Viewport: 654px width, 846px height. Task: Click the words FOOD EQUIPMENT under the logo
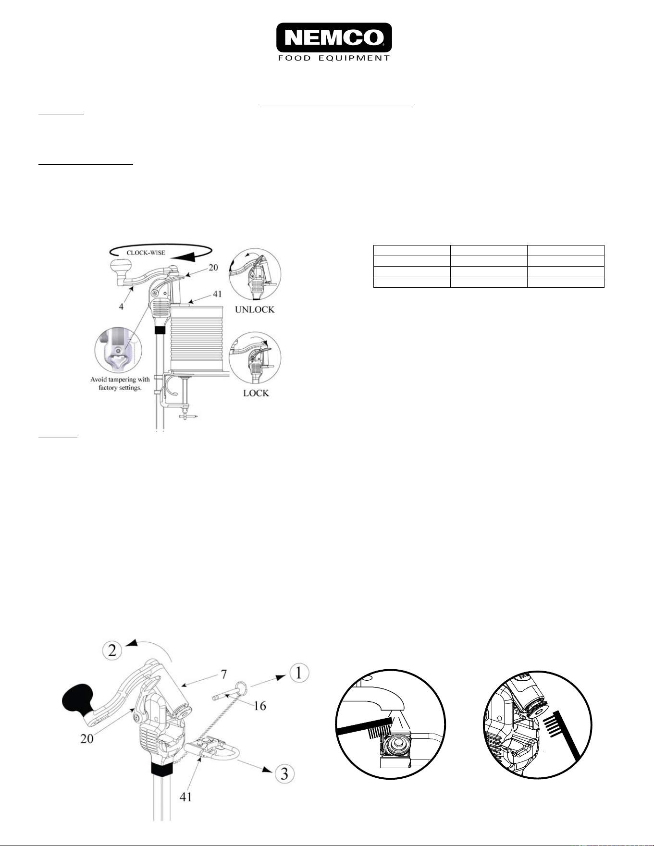[x=334, y=58]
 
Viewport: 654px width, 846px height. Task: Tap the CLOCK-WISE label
[x=146, y=253]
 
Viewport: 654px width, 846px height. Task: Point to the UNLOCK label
[x=255, y=309]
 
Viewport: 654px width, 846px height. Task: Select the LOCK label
[x=256, y=393]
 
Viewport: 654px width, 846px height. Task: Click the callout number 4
[x=122, y=306]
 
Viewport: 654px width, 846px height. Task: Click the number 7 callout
[x=224, y=675]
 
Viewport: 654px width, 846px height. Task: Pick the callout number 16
[x=259, y=706]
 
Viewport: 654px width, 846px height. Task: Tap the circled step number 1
[x=298, y=673]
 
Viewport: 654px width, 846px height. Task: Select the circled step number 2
[x=112, y=651]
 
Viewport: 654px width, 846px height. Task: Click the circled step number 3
[x=284, y=773]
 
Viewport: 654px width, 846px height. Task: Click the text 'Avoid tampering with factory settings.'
[x=120, y=383]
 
